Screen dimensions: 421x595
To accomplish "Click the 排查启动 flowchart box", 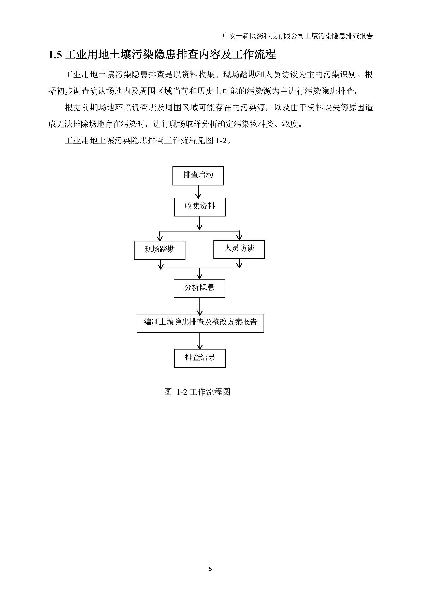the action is pos(198,176).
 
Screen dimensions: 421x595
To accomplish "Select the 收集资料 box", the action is pos(200,207).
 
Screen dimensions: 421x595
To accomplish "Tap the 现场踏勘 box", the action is pos(159,250).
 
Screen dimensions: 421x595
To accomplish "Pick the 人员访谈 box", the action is pos(239,249).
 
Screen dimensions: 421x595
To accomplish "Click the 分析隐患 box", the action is pos(199,288).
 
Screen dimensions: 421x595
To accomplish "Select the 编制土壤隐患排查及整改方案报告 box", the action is pos(200,323).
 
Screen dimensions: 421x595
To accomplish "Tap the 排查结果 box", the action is pos(200,358).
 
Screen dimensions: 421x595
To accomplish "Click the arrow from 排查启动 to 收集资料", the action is pos(198,192).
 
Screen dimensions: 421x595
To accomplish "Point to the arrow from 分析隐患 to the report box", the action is pos(200,306).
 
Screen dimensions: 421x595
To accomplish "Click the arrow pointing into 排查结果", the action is pos(200,341).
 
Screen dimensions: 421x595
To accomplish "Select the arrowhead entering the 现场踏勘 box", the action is pos(160,238).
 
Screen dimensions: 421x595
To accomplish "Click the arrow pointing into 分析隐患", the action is pos(199,273).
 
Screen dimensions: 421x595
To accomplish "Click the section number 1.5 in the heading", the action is pos(55,55).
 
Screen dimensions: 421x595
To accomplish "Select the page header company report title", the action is pos(298,36).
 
